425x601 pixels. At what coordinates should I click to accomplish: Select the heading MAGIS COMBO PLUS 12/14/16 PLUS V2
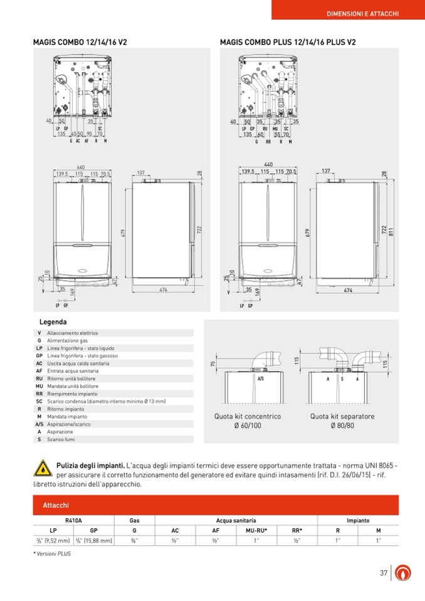(x=288, y=43)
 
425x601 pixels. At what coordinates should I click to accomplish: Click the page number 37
(x=384, y=572)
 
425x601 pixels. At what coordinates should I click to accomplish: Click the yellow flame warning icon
(x=42, y=468)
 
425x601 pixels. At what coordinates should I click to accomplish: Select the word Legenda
(x=53, y=322)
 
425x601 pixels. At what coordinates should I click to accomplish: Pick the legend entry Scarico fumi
(x=62, y=439)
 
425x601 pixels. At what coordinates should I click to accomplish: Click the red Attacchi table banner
(x=216, y=505)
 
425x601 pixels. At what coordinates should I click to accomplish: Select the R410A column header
(x=73, y=520)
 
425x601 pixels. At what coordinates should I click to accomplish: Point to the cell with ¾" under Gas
(x=134, y=540)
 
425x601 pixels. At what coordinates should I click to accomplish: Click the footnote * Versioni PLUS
(x=53, y=554)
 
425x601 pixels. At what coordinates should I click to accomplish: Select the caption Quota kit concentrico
(x=248, y=416)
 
